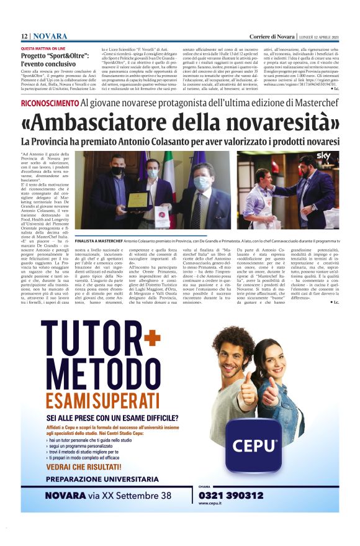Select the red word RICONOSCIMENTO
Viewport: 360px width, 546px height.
[49, 102]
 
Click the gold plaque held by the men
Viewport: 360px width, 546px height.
[137, 201]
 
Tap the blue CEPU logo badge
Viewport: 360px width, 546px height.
[255, 445]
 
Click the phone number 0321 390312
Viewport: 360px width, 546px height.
[231, 495]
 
